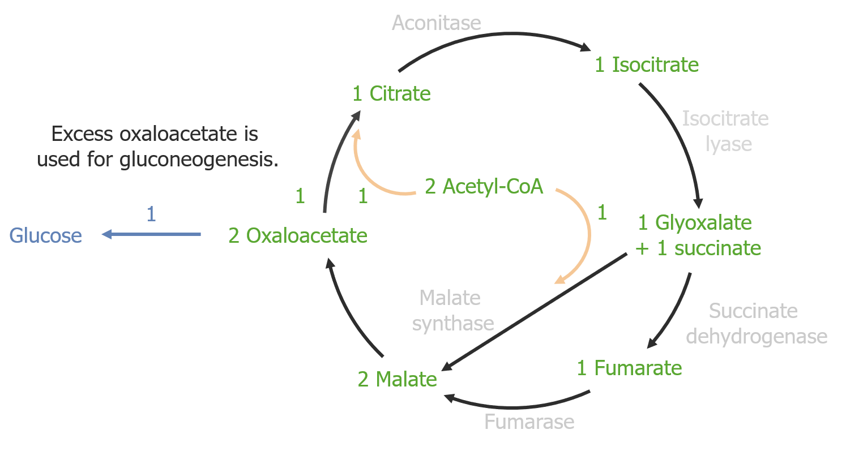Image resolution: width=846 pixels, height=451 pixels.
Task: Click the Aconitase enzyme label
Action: tap(436, 23)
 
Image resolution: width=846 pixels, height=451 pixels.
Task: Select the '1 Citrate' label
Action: tap(391, 94)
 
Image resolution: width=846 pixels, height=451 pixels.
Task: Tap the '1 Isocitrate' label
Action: tap(647, 65)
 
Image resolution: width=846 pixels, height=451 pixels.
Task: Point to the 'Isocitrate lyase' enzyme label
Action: tap(725, 131)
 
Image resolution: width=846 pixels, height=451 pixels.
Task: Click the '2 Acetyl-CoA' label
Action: tap(484, 186)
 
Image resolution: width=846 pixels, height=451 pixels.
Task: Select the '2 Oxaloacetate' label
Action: tap(298, 235)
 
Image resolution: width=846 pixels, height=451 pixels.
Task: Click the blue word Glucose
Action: tap(46, 235)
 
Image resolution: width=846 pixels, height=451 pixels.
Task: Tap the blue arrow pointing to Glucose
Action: tap(151, 234)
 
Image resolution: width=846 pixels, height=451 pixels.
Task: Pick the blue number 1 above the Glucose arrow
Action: tap(151, 214)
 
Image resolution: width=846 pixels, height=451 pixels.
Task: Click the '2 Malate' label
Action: tap(397, 379)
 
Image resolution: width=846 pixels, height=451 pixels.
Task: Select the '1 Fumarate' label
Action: tap(629, 368)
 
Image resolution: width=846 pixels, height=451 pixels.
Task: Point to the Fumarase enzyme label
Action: tap(529, 422)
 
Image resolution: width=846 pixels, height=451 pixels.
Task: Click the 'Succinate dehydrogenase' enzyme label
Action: tap(755, 324)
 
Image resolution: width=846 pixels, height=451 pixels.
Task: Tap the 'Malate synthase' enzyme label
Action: tap(452, 311)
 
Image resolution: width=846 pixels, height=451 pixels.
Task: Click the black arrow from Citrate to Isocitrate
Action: tap(493, 39)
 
